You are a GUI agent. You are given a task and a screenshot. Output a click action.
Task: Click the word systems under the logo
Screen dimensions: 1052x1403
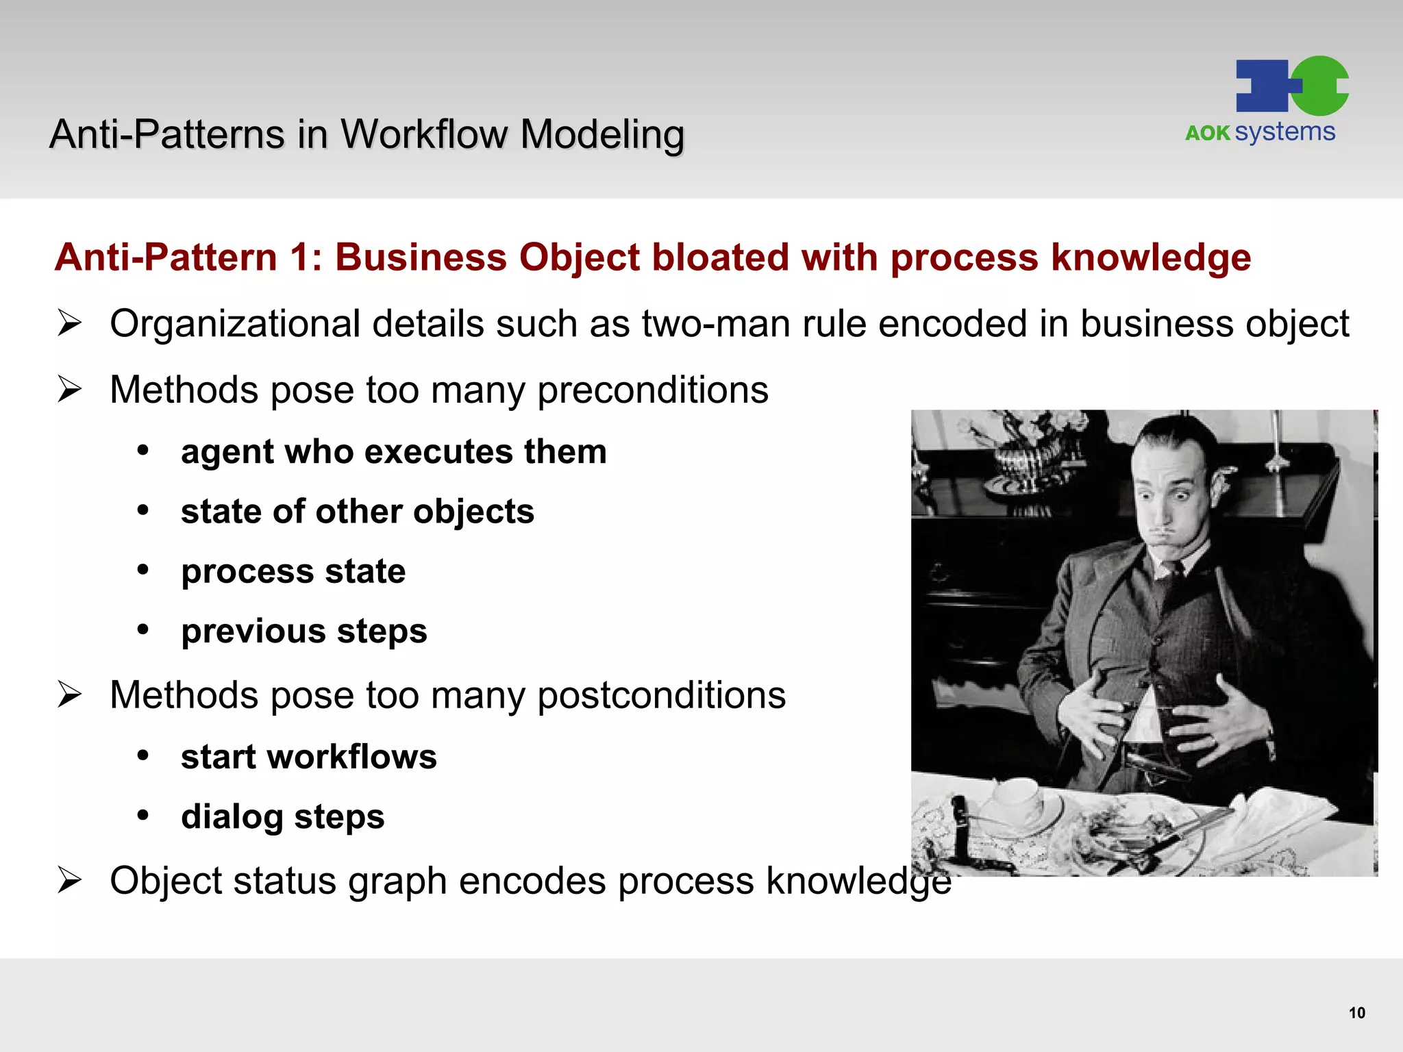pos(1284,131)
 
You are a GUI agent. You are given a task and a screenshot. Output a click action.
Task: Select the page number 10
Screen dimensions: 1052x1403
pos(1356,1013)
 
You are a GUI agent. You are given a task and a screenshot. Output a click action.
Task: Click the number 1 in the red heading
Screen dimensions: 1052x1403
pos(299,258)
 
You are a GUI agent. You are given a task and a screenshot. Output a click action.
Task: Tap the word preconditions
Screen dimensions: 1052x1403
pos(652,390)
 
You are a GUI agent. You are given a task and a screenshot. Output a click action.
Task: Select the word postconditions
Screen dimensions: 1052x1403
pos(661,696)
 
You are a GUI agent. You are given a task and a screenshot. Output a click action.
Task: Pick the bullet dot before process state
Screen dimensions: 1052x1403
pos(143,570)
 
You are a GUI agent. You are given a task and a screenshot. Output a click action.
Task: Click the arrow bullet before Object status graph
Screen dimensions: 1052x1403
pos(70,880)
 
